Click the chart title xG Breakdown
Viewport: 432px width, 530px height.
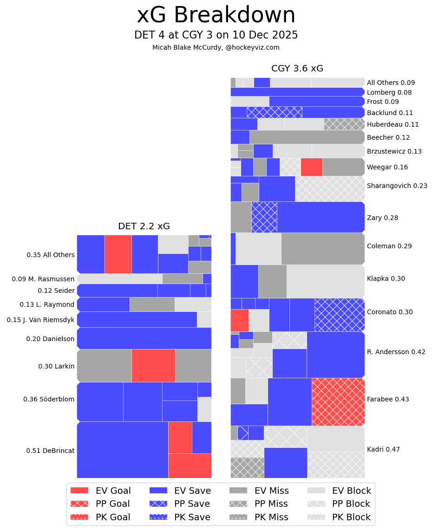point(216,16)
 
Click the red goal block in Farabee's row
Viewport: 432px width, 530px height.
point(338,401)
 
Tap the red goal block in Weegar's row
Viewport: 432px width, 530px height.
point(311,167)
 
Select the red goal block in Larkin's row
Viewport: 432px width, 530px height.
point(153,366)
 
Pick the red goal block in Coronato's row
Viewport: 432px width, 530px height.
point(239,320)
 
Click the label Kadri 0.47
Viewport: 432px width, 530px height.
point(383,449)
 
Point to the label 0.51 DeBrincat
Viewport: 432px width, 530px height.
point(50,451)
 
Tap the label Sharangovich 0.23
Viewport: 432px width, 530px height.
point(397,186)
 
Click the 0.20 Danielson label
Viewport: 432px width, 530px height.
point(50,339)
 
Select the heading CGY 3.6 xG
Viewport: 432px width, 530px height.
point(297,69)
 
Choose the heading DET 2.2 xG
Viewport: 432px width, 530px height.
point(144,226)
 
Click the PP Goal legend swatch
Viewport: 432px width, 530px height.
point(79,504)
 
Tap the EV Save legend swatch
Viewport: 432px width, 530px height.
point(158,491)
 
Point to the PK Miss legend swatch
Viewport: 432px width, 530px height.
point(238,517)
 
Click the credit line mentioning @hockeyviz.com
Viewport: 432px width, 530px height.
point(216,47)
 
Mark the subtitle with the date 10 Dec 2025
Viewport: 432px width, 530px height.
point(216,35)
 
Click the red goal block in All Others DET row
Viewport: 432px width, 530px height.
point(118,254)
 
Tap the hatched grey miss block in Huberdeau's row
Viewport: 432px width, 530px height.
point(344,124)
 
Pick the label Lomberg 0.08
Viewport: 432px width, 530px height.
point(389,92)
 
